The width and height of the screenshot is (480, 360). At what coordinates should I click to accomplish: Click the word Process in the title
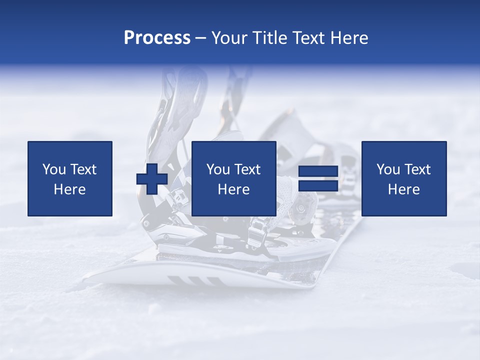157,38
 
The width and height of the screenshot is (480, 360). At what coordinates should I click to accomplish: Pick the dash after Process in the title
201,38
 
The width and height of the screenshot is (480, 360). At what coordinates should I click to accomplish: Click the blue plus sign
152,179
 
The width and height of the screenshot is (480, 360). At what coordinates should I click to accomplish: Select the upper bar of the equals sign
318,171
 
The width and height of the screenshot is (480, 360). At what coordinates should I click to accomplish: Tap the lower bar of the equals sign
318,186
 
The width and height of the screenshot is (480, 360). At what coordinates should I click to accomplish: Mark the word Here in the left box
69,189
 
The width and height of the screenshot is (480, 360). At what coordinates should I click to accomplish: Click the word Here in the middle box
233,189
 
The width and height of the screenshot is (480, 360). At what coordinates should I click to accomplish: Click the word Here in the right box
403,189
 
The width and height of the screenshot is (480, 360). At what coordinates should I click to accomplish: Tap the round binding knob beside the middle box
301,206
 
